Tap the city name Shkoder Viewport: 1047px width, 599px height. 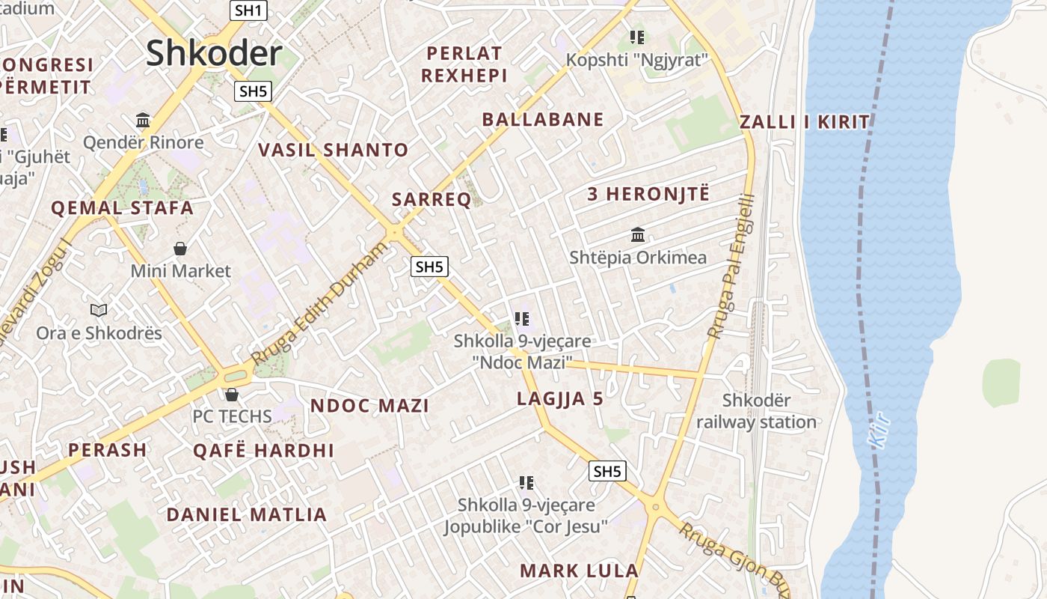(x=214, y=53)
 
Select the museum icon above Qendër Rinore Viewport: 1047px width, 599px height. (x=143, y=120)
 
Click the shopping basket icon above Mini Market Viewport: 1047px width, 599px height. (x=179, y=248)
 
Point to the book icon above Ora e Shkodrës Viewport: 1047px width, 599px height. (x=99, y=310)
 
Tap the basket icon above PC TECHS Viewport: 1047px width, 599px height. (x=232, y=394)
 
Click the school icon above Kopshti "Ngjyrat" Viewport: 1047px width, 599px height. (x=637, y=37)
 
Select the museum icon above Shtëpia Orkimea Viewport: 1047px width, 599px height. (x=638, y=235)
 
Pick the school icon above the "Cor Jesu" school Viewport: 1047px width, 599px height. (x=526, y=483)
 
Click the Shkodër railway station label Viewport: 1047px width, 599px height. (x=756, y=411)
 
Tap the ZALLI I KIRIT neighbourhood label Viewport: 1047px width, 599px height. (x=805, y=122)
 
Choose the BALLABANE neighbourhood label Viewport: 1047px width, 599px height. (x=542, y=119)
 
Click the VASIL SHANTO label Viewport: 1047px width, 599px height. (x=333, y=150)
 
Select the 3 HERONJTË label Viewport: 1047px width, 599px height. (x=648, y=194)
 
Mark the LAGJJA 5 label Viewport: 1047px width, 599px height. (x=559, y=399)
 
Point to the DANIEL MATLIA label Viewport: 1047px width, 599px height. (x=246, y=515)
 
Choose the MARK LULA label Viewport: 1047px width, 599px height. (x=579, y=571)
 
